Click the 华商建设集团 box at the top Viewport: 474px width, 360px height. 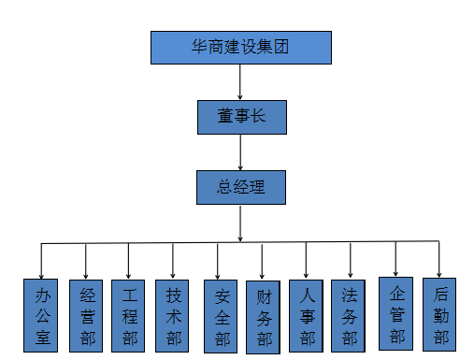click(x=241, y=48)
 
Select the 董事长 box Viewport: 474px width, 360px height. click(x=241, y=116)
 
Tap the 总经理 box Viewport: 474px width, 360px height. click(x=241, y=186)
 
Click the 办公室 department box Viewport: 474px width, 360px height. click(x=41, y=315)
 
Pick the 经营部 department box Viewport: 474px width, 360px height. click(x=86, y=315)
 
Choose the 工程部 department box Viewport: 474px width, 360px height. click(x=128, y=315)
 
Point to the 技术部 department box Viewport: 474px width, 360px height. click(x=173, y=315)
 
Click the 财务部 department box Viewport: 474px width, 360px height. click(x=264, y=317)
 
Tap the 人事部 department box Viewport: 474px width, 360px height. click(x=307, y=316)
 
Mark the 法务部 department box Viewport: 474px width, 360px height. click(x=350, y=316)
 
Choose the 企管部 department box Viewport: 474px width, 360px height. click(x=396, y=314)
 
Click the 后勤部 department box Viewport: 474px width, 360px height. click(x=439, y=314)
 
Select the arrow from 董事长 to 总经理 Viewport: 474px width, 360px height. click(x=241, y=151)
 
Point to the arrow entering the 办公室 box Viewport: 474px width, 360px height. click(x=41, y=262)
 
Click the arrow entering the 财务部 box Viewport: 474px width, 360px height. click(x=263, y=262)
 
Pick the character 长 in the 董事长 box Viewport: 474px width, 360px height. click(x=265, y=116)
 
